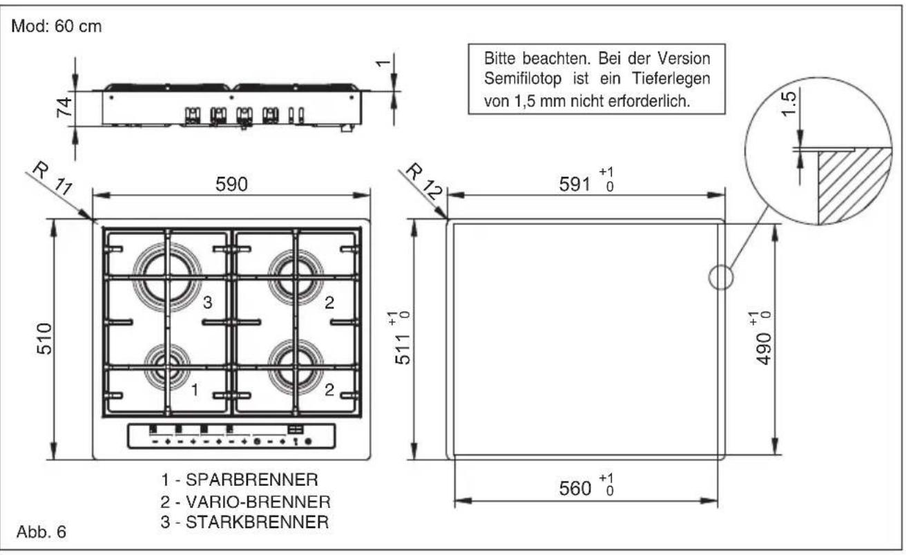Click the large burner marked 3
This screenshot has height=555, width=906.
tap(166, 278)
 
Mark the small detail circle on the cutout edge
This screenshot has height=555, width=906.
tap(720, 278)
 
